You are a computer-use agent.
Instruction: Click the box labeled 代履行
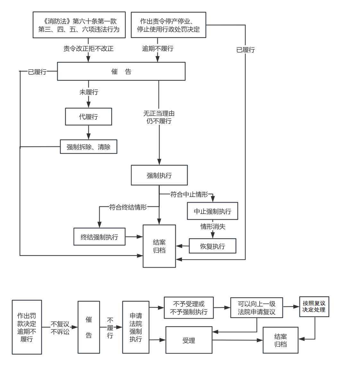coord(89,116)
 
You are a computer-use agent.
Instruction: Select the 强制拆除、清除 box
coord(89,147)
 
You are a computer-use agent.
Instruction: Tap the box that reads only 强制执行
coord(159,175)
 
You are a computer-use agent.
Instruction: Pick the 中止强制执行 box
coord(212,211)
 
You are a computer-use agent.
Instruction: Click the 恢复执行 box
coord(212,246)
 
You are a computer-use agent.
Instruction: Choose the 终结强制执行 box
coord(99,237)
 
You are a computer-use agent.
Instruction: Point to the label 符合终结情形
coord(128,207)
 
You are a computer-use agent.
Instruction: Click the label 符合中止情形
coord(189,194)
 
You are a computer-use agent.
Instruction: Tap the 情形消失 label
coord(213,226)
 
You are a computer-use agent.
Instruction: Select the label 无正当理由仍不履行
coord(159,117)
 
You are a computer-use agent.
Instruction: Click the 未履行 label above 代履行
coord(89,92)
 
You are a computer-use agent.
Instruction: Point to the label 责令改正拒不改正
coord(88,48)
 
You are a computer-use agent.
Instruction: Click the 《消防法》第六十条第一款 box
coord(79,25)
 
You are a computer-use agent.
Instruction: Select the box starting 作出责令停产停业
coord(168,25)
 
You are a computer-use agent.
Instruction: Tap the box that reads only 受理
coord(189,340)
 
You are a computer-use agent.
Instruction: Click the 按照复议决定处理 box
coord(314,307)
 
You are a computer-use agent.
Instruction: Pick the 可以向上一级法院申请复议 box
coord(256,308)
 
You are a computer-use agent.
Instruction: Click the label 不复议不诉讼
coord(60,328)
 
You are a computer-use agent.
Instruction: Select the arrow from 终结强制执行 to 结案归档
coord(134,237)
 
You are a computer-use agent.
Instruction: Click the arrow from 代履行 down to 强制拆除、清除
coord(89,132)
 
